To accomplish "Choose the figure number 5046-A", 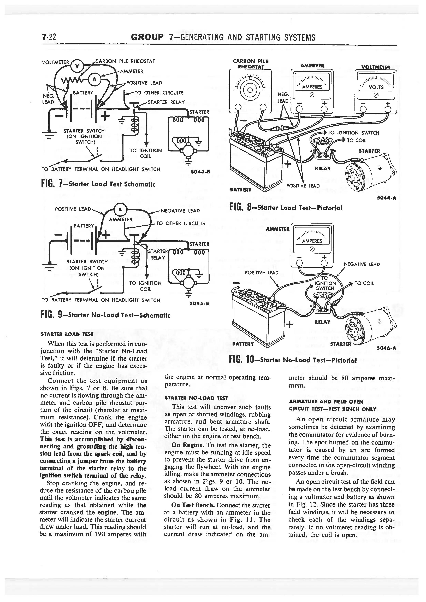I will click(386, 348).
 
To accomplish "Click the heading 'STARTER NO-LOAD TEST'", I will click(193, 398).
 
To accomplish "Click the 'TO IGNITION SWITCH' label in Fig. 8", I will click(353, 133).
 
